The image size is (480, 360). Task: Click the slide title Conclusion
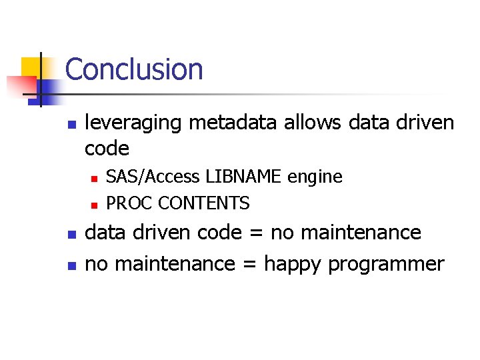(134, 69)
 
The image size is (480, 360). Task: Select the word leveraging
(134, 123)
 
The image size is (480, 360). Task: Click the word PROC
(129, 203)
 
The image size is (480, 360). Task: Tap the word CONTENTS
(203, 203)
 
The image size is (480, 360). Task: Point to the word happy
(293, 265)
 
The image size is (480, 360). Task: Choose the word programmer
(386, 265)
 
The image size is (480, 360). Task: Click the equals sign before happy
(249, 264)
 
